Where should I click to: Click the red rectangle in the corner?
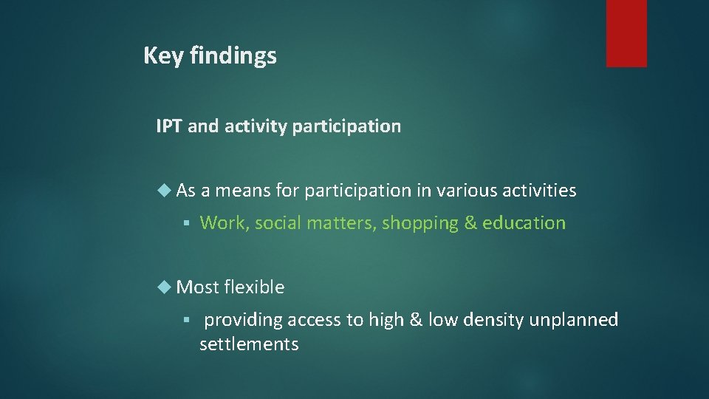tap(626, 33)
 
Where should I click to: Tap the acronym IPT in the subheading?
tap(169, 126)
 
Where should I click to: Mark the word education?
tap(524, 223)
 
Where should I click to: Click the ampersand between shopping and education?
tap(470, 223)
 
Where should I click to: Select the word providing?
tap(244, 320)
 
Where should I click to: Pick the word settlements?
tap(249, 344)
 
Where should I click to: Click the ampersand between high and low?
tap(415, 320)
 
